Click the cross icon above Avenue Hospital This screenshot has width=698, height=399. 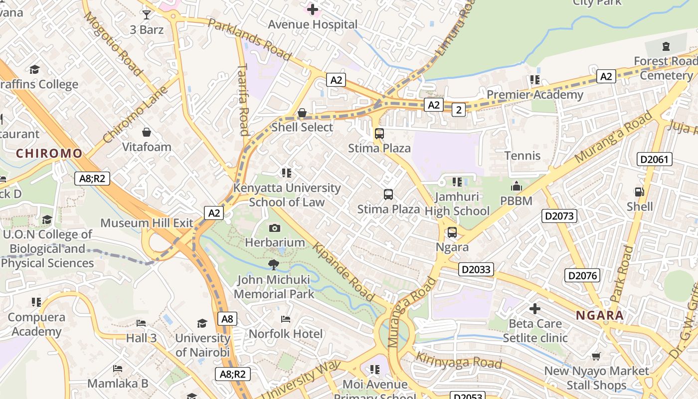(313, 9)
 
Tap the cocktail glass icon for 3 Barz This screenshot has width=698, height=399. (147, 14)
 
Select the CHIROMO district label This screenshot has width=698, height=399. (49, 153)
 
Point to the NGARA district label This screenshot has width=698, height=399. (600, 315)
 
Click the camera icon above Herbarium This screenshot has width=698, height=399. (274, 228)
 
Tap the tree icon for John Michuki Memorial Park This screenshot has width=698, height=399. (273, 265)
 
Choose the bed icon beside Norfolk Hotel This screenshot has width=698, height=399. (286, 319)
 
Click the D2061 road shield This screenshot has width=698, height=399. (655, 160)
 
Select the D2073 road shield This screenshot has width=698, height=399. (559, 216)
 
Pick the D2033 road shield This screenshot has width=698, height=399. (476, 270)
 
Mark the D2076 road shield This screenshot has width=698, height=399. (582, 275)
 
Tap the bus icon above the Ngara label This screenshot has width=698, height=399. (452, 232)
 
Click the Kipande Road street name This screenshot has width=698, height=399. (344, 272)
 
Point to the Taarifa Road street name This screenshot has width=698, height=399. (243, 99)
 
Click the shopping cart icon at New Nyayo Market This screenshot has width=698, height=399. (596, 356)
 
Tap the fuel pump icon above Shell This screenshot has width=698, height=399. (639, 192)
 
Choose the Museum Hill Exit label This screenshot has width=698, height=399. (147, 223)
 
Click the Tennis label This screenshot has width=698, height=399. (523, 156)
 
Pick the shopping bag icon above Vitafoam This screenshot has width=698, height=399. (147, 132)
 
